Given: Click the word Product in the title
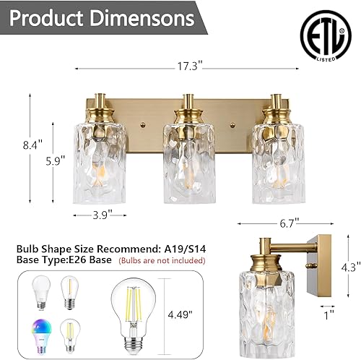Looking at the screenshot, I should point(56,18).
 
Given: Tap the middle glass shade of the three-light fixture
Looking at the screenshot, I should point(188,156).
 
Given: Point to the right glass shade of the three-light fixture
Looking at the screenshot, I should point(279,156).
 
